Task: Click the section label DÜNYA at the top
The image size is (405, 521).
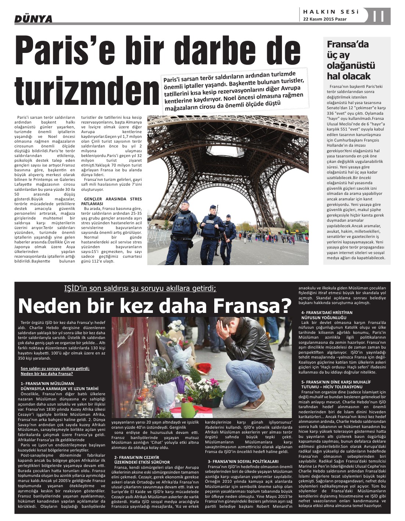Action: tap(33, 19)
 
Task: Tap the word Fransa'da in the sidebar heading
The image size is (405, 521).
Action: tap(343, 44)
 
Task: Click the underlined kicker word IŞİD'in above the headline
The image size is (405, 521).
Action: tap(78, 288)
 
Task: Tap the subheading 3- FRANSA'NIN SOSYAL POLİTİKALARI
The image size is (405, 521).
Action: tap(243, 461)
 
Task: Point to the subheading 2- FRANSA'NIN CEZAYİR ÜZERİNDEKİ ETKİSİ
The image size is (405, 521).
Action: tap(142, 460)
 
